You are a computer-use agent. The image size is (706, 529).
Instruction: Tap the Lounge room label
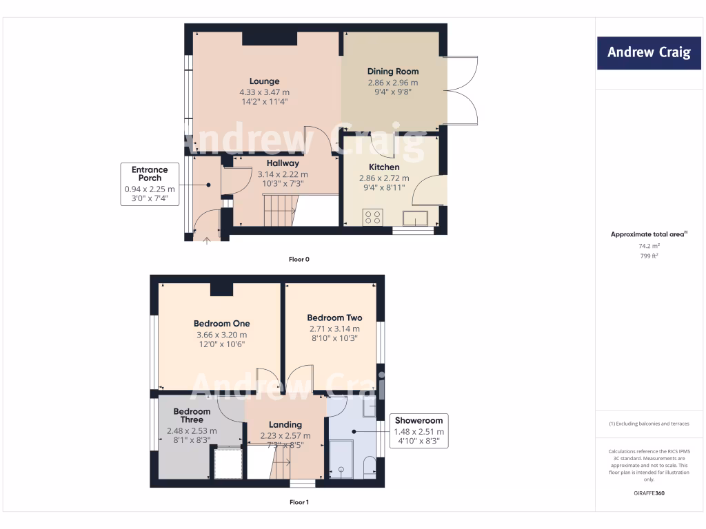[x=264, y=81]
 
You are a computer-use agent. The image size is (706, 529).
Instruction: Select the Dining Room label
[x=392, y=72]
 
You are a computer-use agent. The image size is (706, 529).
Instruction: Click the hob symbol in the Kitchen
[x=373, y=218]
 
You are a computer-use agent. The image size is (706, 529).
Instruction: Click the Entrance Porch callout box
[x=150, y=184]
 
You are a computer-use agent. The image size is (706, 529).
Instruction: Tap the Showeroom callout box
[x=419, y=432]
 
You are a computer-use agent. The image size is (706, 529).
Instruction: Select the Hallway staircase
[x=279, y=209]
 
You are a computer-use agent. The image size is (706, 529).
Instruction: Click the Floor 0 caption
[x=299, y=260]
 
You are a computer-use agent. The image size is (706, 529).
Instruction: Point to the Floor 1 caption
[x=299, y=502]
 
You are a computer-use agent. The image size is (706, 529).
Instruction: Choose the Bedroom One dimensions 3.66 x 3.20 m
[x=221, y=335]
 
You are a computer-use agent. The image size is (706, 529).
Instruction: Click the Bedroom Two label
[x=334, y=318]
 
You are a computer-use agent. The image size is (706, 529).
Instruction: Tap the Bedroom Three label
[x=192, y=415]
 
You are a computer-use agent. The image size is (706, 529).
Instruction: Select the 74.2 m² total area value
[x=649, y=246]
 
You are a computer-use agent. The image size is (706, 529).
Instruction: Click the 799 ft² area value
[x=649, y=256]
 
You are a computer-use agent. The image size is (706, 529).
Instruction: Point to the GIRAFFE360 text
[x=649, y=493]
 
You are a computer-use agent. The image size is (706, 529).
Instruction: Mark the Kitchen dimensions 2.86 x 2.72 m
[x=384, y=178]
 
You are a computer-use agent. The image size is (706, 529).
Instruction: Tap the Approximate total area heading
[x=649, y=234]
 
